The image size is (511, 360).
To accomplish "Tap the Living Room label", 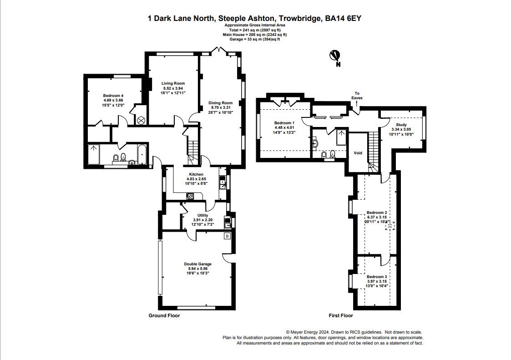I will [173, 83].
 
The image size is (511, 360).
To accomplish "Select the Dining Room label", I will [220, 103].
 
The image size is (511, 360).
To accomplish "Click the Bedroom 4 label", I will [113, 95].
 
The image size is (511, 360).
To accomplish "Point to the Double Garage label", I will [197, 264].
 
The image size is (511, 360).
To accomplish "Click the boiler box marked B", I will [227, 236].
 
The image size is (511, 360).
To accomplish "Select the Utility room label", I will [202, 215].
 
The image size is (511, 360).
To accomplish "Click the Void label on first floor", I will [358, 153].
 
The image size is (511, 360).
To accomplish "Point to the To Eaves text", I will [357, 96].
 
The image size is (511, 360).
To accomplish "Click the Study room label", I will [401, 125].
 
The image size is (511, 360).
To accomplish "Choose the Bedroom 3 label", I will [377, 277].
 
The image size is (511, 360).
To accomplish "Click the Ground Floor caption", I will [164, 315].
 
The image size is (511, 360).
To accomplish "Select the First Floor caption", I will [341, 315].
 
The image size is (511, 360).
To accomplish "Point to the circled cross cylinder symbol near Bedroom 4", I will [141, 121].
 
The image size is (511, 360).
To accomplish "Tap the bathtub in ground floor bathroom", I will [141, 155].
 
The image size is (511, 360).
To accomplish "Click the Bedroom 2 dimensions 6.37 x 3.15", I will [377, 218].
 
